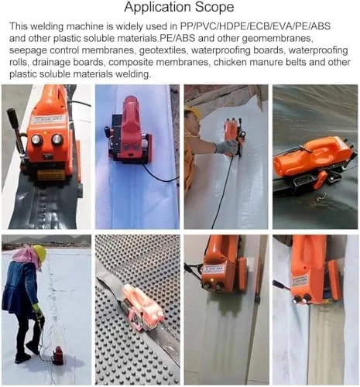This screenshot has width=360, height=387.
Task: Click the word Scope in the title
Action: pos(214,7)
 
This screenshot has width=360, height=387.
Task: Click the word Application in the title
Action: pos(157,8)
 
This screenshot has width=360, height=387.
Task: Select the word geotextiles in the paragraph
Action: pos(163,50)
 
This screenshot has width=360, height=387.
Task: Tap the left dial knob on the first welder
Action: pos(37,139)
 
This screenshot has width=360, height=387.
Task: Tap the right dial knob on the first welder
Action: pos(57,139)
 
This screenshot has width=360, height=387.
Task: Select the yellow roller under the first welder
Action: pos(50,175)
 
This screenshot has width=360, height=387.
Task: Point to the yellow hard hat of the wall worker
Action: pos(192,111)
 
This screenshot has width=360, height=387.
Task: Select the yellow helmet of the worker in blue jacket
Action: pos(40,254)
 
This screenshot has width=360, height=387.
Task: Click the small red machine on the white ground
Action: pos(58,356)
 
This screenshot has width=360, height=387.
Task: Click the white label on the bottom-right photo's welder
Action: pos(300,282)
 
